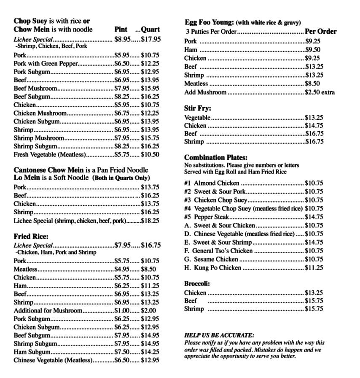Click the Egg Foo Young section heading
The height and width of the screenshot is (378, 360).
tap(209, 22)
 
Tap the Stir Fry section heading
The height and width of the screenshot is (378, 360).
tap(198, 108)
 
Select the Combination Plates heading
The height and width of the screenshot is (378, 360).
tap(216, 158)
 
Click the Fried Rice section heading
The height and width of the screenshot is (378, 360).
tap(31, 236)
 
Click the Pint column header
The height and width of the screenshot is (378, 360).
tap(121, 30)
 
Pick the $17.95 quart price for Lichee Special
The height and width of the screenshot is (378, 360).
tap(150, 39)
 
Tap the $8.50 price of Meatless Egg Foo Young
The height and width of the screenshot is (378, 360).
tap(312, 84)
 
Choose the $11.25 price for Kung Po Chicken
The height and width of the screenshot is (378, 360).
tap(314, 267)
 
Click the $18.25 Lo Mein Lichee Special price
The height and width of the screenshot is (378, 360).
tap(150, 220)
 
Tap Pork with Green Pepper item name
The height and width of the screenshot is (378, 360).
tap(46, 64)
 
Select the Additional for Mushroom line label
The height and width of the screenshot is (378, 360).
tap(48, 310)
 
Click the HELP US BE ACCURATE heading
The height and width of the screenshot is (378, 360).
tap(219, 335)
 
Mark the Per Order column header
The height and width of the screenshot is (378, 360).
tap(320, 31)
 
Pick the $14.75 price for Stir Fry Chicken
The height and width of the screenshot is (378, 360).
tap(314, 125)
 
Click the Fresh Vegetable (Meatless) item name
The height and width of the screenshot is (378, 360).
tap(49, 154)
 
